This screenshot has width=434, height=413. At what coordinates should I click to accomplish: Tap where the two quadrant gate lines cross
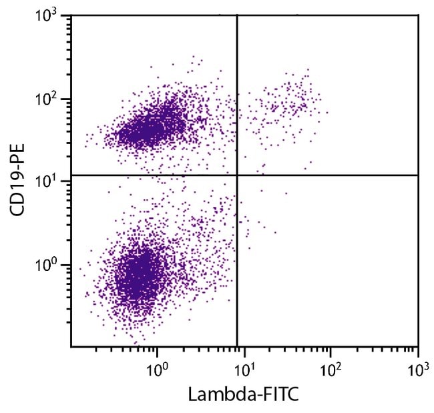238,175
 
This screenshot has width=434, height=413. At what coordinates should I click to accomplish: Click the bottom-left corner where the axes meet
71,346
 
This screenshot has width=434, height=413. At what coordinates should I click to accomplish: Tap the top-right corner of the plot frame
418,15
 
